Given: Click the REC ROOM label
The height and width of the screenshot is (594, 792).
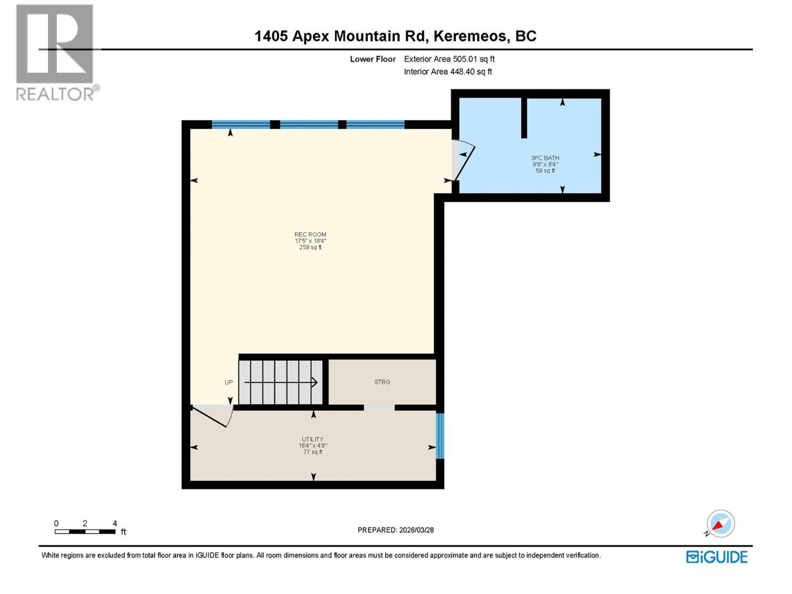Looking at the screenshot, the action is click(310, 235).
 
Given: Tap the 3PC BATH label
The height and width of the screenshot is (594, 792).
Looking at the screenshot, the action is click(545, 158).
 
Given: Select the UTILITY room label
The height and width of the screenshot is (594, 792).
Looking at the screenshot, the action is click(312, 439).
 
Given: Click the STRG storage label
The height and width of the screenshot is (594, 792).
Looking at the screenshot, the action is click(382, 382).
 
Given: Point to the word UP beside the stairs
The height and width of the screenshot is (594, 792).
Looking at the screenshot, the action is click(228, 382).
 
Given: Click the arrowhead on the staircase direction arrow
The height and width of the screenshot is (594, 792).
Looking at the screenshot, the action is click(314, 382).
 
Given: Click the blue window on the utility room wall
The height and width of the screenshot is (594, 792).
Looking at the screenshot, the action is click(440, 436).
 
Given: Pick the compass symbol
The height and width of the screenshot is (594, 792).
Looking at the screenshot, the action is click(720, 524).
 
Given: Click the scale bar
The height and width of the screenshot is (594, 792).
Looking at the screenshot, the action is click(85, 531).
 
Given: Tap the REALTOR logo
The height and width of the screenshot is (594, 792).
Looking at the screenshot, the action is click(57, 52).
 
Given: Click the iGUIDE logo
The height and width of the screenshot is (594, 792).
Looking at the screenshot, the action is click(716, 557).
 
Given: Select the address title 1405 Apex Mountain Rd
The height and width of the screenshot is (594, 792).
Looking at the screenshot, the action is click(340, 36).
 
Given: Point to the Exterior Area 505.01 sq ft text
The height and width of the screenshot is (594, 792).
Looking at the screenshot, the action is click(449, 59).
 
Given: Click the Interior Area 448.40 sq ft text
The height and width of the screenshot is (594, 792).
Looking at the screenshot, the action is click(448, 71).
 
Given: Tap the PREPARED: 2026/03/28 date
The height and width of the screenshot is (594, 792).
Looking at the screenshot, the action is click(396, 530).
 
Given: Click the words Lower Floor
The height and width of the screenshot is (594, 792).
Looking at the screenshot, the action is click(373, 59).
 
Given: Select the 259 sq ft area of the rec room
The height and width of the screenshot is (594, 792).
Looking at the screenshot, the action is click(310, 247).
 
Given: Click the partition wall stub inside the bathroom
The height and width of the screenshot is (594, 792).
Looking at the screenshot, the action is click(524, 118).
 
